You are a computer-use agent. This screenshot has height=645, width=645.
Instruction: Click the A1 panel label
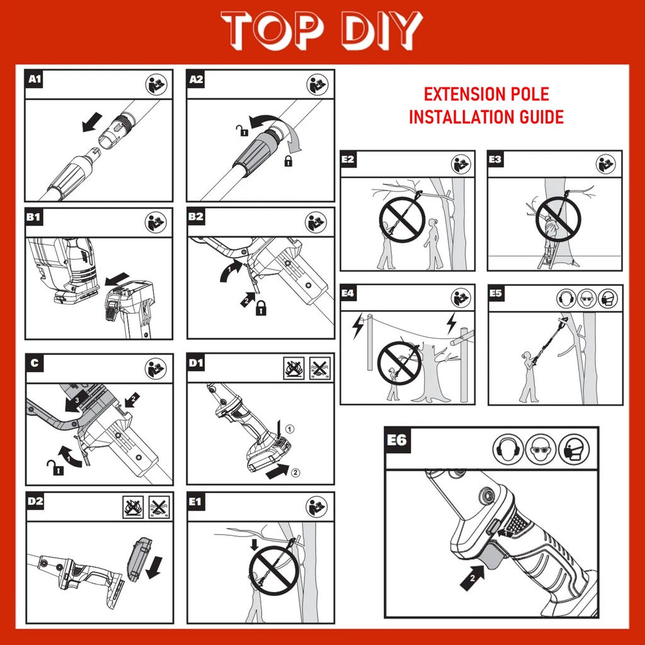[x=35, y=79]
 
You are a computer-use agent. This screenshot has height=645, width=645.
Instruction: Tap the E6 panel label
[x=397, y=440]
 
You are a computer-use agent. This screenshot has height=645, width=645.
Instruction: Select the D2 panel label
[x=35, y=501]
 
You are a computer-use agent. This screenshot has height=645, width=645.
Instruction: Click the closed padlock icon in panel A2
[x=288, y=161]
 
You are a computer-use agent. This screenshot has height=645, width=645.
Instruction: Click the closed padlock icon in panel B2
[x=261, y=307]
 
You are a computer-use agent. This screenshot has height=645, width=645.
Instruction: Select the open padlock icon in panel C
[x=55, y=468]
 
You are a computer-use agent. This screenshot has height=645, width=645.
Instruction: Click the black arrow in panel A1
[x=92, y=122]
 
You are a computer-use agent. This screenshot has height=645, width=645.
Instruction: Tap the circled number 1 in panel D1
[x=290, y=429]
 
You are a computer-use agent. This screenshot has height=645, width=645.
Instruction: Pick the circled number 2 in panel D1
[x=295, y=472]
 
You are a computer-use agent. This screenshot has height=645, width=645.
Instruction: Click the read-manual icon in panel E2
[x=460, y=164]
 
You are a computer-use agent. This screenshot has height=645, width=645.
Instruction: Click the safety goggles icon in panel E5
[x=587, y=298]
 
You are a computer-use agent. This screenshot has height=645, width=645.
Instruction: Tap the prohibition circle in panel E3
[x=558, y=219]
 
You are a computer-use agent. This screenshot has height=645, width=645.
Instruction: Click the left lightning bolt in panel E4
[x=357, y=327]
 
